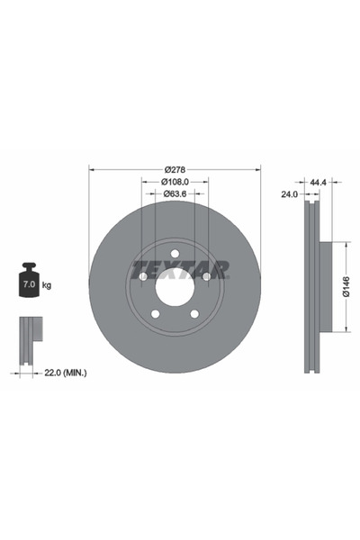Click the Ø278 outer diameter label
[175, 169]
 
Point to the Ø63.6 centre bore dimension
[175, 193]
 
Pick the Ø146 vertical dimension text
[345, 287]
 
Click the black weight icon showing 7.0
[28, 282]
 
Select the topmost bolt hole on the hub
[175, 253]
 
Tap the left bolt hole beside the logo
[142, 276]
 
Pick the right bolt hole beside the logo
[207, 276]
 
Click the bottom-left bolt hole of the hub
[155, 314]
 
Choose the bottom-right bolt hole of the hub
[194, 314]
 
